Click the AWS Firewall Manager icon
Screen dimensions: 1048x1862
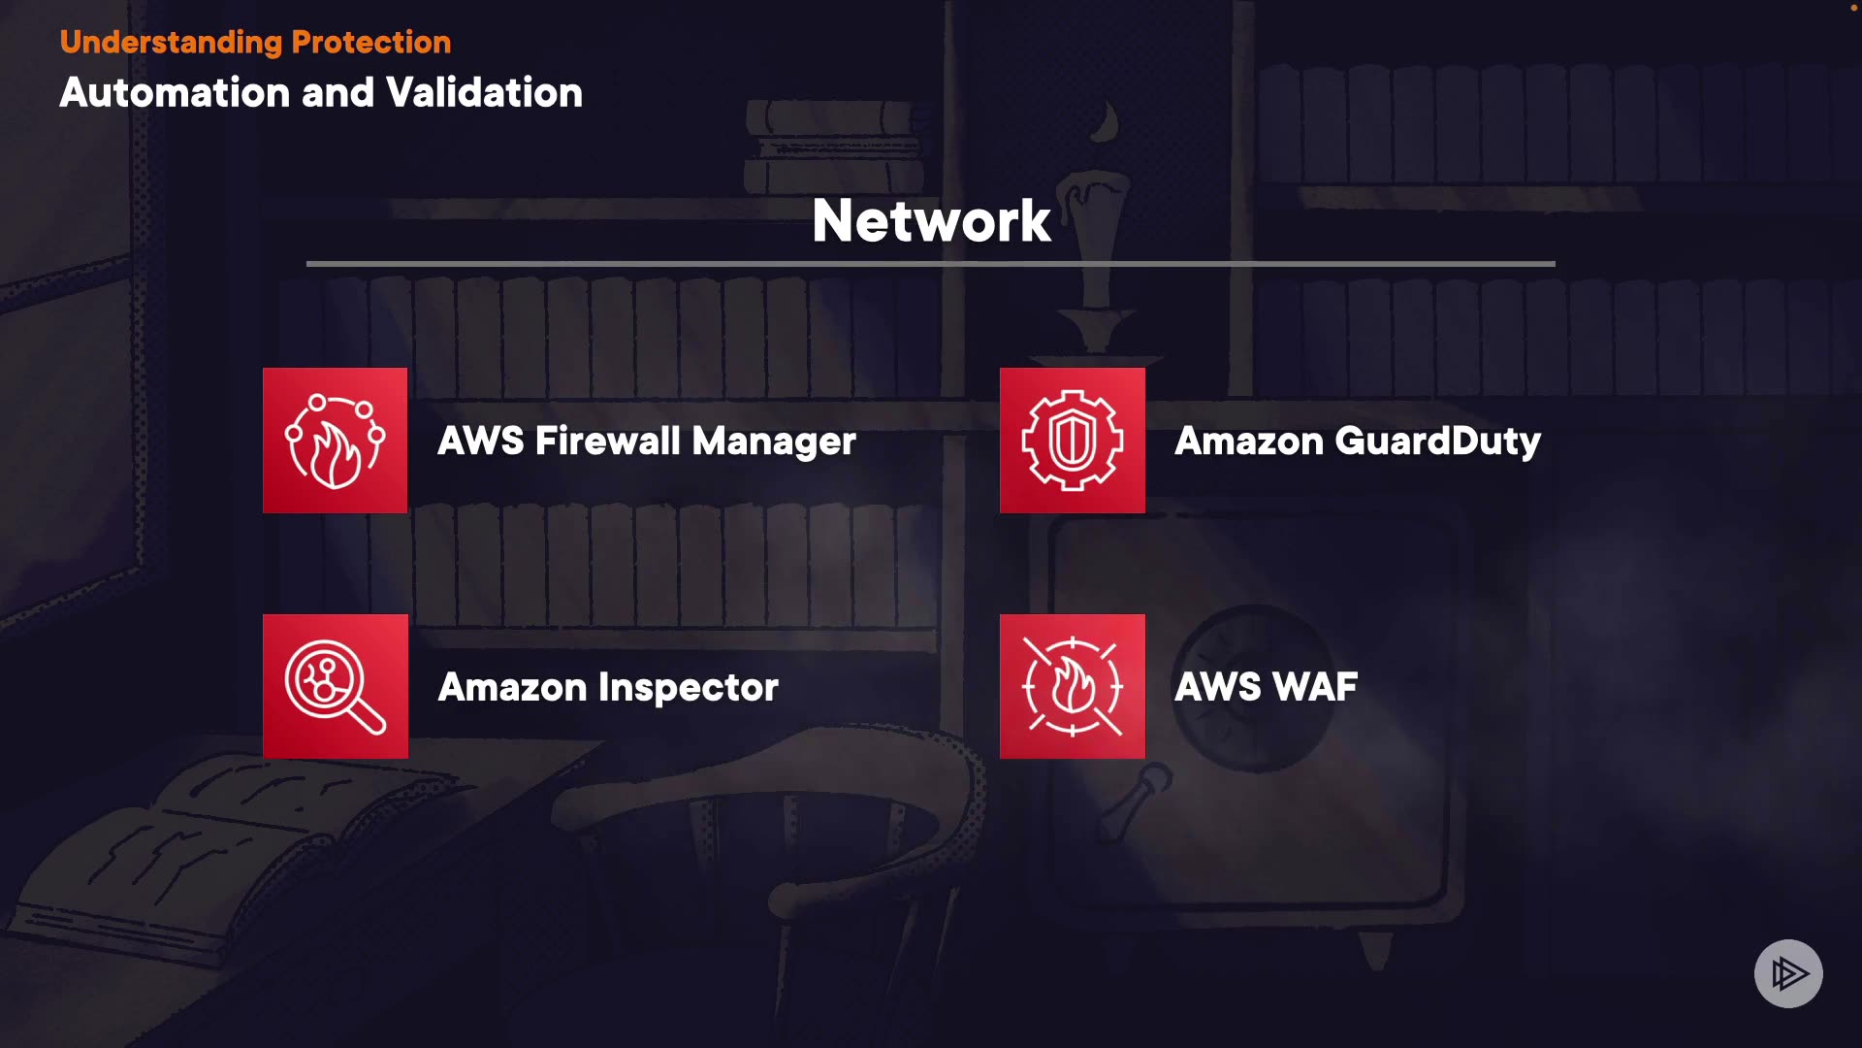(x=335, y=440)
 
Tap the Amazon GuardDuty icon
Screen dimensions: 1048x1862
(x=1072, y=440)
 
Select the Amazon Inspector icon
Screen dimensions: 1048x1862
(x=335, y=686)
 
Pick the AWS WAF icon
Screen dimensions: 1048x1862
(x=1072, y=686)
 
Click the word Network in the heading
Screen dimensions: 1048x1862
(x=931, y=220)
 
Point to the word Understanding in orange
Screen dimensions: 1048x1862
(x=171, y=43)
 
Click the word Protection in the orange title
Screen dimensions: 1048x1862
(x=370, y=43)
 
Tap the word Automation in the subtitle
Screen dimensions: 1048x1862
(x=176, y=93)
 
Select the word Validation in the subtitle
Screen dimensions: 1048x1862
(x=484, y=93)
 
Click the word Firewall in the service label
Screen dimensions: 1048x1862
(x=608, y=442)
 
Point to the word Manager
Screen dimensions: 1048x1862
(x=774, y=442)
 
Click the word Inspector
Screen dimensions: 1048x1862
(x=689, y=688)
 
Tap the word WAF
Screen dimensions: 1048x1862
(x=1314, y=687)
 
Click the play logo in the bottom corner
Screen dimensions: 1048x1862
(x=1788, y=973)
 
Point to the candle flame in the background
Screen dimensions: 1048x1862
(x=1106, y=122)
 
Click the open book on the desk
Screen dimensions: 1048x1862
(x=223, y=854)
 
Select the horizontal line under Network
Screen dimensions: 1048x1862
(x=931, y=263)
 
